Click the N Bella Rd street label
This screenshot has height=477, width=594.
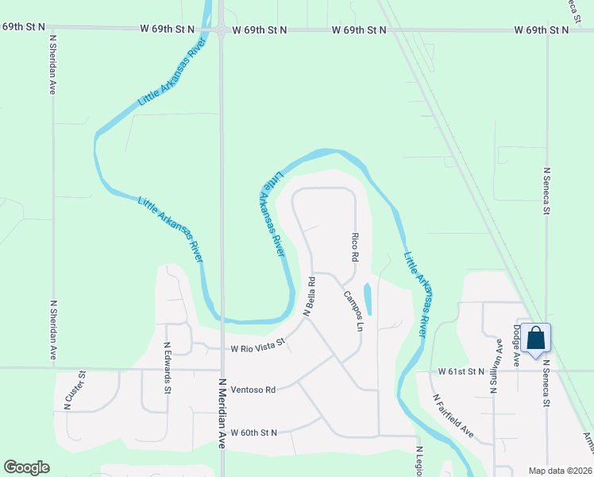coord(310,297)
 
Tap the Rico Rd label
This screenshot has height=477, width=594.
coord(354,247)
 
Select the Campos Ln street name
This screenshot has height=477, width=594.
coord(353,312)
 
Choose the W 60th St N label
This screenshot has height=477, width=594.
coord(253,432)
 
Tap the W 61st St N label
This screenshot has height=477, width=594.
coord(461,371)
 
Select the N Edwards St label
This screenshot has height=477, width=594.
coord(167,368)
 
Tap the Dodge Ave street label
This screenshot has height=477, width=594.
coord(515,345)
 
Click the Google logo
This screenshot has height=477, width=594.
coord(26,467)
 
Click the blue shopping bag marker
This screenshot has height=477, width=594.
coord(537,339)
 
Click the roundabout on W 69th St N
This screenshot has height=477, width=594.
coord(220,29)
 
